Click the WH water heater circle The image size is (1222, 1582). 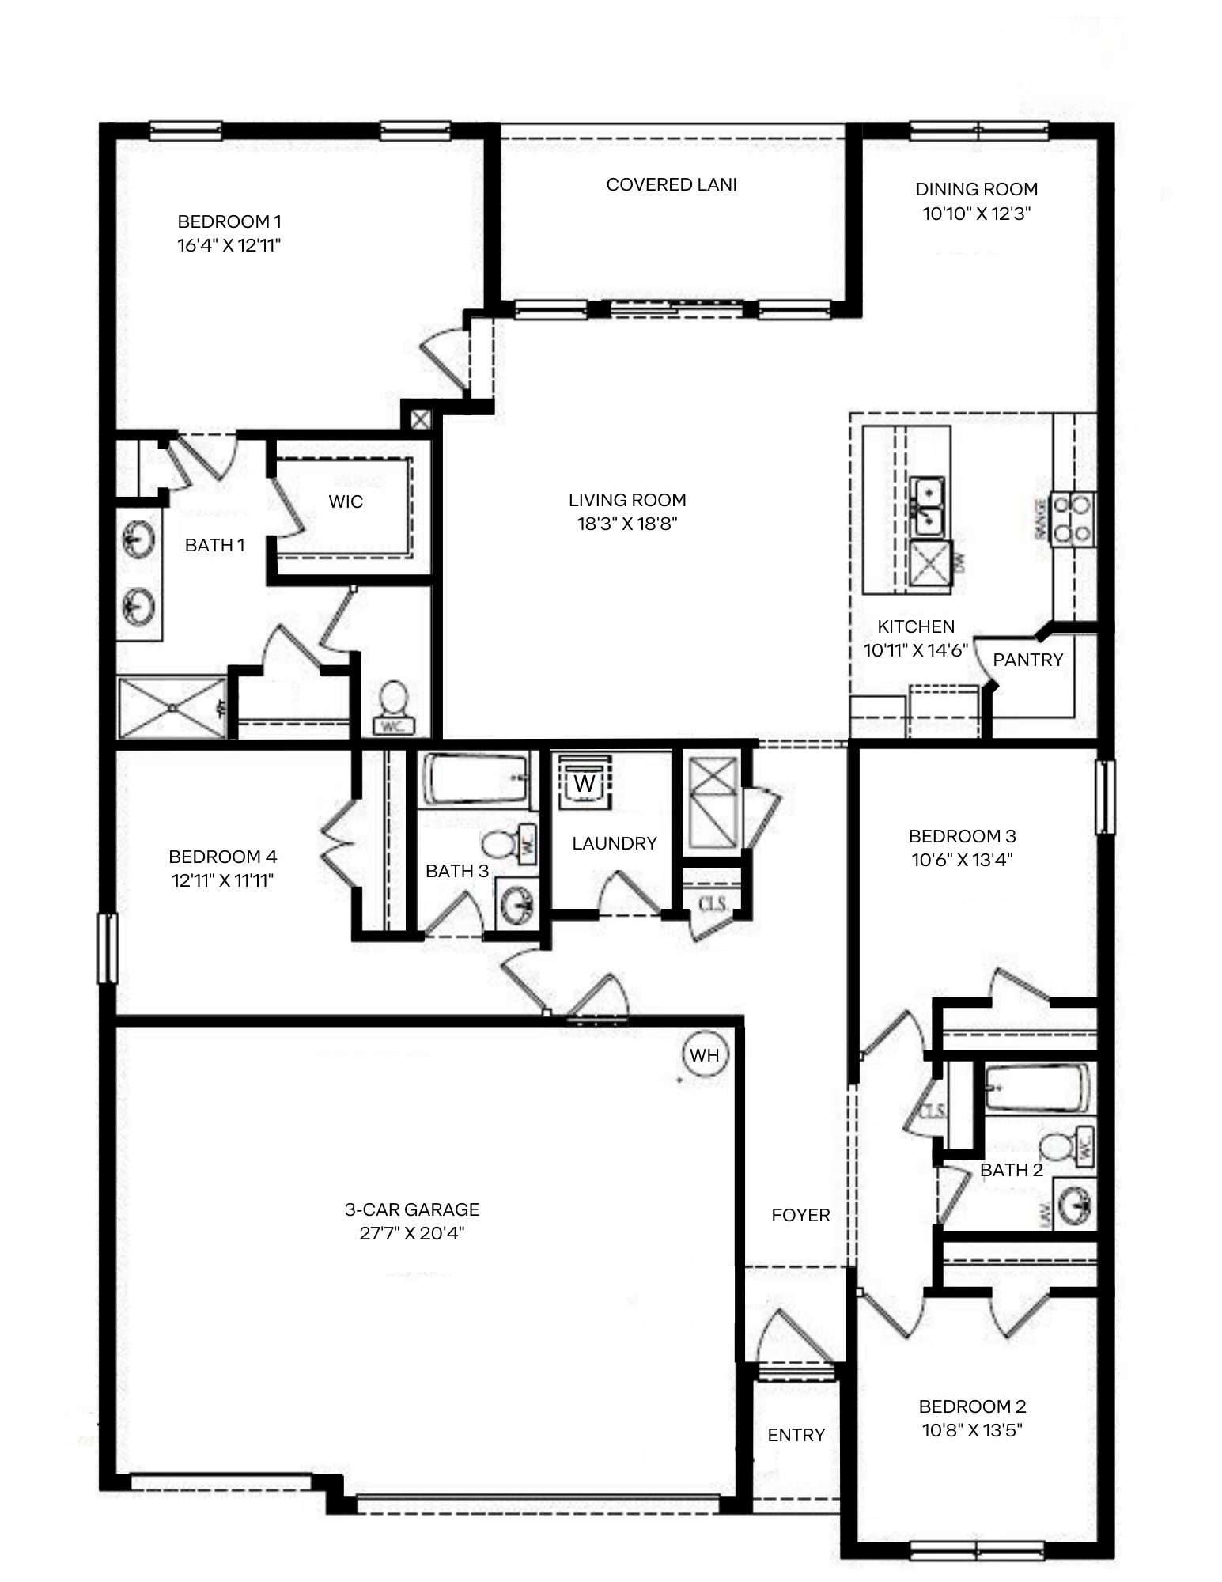[704, 1054]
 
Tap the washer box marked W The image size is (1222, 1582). [585, 783]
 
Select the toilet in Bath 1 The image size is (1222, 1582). [393, 706]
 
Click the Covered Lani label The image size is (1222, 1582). [672, 184]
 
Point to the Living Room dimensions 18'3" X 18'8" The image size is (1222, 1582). [627, 524]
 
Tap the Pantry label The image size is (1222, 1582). [1027, 660]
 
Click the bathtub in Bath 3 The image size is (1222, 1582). [477, 778]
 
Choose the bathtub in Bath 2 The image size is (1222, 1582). [1037, 1088]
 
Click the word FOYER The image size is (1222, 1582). [800, 1215]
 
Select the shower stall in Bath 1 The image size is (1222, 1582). [172, 706]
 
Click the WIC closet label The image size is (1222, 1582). [346, 501]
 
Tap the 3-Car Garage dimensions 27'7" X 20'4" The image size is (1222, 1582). [411, 1233]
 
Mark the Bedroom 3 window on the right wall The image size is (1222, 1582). [1105, 797]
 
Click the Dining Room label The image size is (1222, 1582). [976, 189]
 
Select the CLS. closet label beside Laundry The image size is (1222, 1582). [713, 903]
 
